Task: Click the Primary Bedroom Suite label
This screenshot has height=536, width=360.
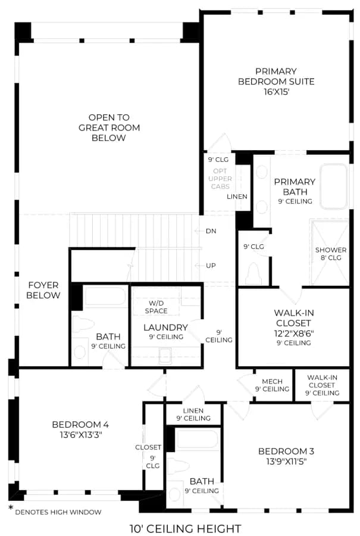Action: pos(276,77)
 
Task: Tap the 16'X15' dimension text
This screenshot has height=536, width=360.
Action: pos(276,92)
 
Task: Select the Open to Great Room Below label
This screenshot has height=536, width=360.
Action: pos(109,127)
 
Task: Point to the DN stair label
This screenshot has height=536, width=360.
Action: pos(211,231)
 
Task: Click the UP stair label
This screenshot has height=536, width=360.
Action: pos(211,266)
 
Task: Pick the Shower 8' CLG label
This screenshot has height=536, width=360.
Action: pos(331,254)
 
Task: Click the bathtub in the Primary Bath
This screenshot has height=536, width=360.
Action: pos(334,186)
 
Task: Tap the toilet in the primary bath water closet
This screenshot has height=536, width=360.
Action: pos(253,274)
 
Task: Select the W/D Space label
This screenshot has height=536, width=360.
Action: pos(156,307)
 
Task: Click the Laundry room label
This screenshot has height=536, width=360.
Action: pos(165,328)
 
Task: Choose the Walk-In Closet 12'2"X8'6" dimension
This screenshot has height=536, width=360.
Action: pos(294,334)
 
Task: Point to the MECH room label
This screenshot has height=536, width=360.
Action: pos(272,381)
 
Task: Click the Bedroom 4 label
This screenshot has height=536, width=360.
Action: pos(80,425)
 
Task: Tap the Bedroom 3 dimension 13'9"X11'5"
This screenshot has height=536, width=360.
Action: pos(286,462)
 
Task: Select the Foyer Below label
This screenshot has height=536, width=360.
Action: pos(43,290)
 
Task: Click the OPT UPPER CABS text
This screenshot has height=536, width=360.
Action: pos(220,179)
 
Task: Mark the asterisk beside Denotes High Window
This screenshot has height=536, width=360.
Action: pos(11,508)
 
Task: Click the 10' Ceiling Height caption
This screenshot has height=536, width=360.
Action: pos(186,528)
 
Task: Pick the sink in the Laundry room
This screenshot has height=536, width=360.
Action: pos(165,356)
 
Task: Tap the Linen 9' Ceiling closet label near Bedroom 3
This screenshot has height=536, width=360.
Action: pos(193,415)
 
